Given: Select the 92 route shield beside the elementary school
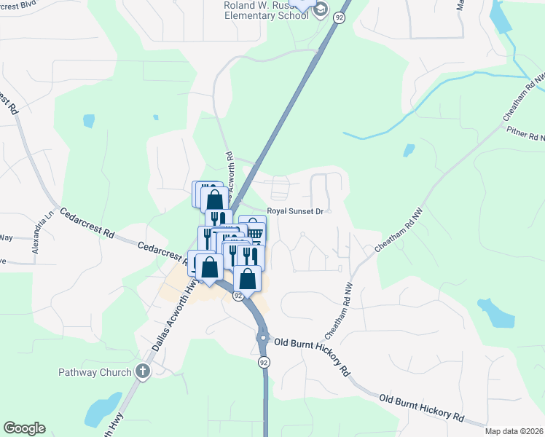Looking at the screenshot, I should tap(339, 17).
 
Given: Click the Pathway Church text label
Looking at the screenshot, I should tap(95, 372).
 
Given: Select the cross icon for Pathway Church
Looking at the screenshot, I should tap(143, 371).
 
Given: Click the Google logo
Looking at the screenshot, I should tap(24, 428).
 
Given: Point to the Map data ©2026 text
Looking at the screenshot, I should tap(513, 431).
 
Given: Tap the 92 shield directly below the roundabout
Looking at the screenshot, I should tap(263, 361).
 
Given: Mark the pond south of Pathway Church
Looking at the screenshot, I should tap(103, 410).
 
